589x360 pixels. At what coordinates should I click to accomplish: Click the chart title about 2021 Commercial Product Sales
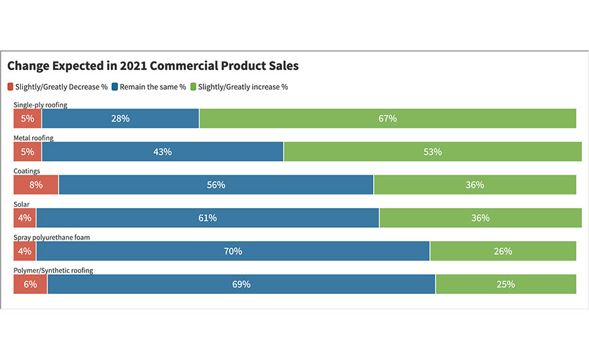pyautogui.click(x=153, y=66)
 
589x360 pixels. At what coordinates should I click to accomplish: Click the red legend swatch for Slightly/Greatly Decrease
pyautogui.click(x=10, y=86)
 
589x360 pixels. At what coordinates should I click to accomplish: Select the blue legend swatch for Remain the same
pyautogui.click(x=115, y=86)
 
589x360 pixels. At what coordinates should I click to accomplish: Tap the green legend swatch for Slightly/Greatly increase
pyautogui.click(x=193, y=86)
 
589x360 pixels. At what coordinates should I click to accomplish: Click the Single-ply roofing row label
pyautogui.click(x=40, y=105)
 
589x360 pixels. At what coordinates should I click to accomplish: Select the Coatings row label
pyautogui.click(x=27, y=171)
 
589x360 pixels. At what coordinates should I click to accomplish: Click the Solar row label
pyautogui.click(x=22, y=205)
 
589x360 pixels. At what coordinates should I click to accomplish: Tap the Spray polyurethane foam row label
pyautogui.click(x=52, y=238)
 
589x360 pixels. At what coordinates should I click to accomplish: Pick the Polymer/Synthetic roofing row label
pyautogui.click(x=53, y=270)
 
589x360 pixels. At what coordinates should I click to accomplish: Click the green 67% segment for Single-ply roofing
pyautogui.click(x=387, y=118)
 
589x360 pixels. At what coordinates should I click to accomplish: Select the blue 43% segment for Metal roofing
pyautogui.click(x=162, y=152)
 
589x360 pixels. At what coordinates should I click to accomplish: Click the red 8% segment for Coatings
pyautogui.click(x=36, y=185)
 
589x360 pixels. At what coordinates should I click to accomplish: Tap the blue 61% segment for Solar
pyautogui.click(x=207, y=218)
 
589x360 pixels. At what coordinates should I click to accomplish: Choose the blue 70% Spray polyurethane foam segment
pyautogui.click(x=233, y=251)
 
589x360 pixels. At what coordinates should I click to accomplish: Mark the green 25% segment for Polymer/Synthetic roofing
pyautogui.click(x=505, y=284)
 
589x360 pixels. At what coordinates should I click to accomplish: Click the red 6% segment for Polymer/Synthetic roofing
pyautogui.click(x=30, y=284)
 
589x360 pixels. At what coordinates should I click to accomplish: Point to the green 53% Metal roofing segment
pyautogui.click(x=433, y=152)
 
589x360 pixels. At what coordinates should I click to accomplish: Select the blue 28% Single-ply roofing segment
pyautogui.click(x=120, y=118)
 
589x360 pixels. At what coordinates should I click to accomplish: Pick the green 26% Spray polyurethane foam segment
pyautogui.click(x=503, y=251)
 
